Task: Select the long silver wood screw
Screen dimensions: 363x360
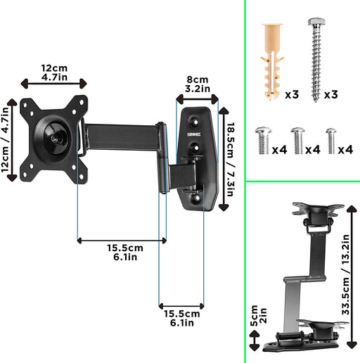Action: pyautogui.click(x=314, y=56)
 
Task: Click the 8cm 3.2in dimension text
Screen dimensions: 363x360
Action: pyautogui.click(x=196, y=85)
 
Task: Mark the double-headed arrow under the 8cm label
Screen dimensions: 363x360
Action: pyautogui.click(x=198, y=98)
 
